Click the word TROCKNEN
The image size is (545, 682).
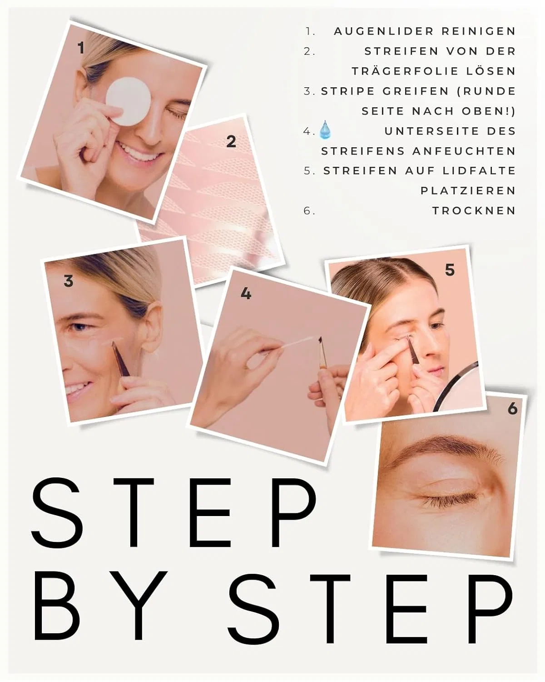(474, 211)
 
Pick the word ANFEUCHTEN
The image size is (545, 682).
(464, 151)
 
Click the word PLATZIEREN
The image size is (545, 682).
(468, 191)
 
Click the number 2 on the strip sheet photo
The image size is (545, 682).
(231, 142)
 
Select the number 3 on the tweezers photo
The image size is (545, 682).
(69, 281)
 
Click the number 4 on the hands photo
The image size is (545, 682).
(246, 294)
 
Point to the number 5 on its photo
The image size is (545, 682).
(450, 270)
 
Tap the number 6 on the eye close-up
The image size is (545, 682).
(512, 408)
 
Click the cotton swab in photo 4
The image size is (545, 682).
(300, 343)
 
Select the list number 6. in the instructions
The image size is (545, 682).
(309, 211)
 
